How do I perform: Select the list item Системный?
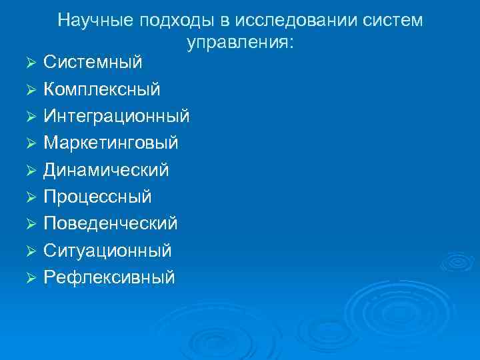click(x=93, y=63)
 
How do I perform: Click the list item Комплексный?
click(x=101, y=89)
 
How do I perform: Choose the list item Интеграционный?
click(x=117, y=117)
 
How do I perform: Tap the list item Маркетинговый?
click(x=111, y=143)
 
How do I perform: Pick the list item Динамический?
click(x=106, y=170)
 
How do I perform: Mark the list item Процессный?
click(x=97, y=197)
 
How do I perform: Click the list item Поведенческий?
click(x=110, y=223)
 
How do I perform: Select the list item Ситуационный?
click(x=107, y=251)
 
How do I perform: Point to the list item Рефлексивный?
click(x=109, y=277)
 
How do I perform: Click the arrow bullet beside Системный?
click(x=29, y=63)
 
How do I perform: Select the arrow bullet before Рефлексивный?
click(x=29, y=278)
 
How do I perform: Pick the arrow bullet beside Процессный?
click(x=29, y=197)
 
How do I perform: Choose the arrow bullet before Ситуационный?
click(x=29, y=251)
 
